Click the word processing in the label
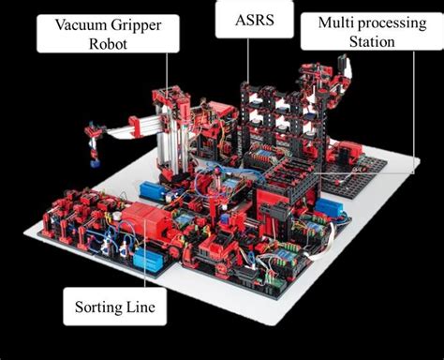point(393,22)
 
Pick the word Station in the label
point(370,42)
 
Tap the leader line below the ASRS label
point(248,66)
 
